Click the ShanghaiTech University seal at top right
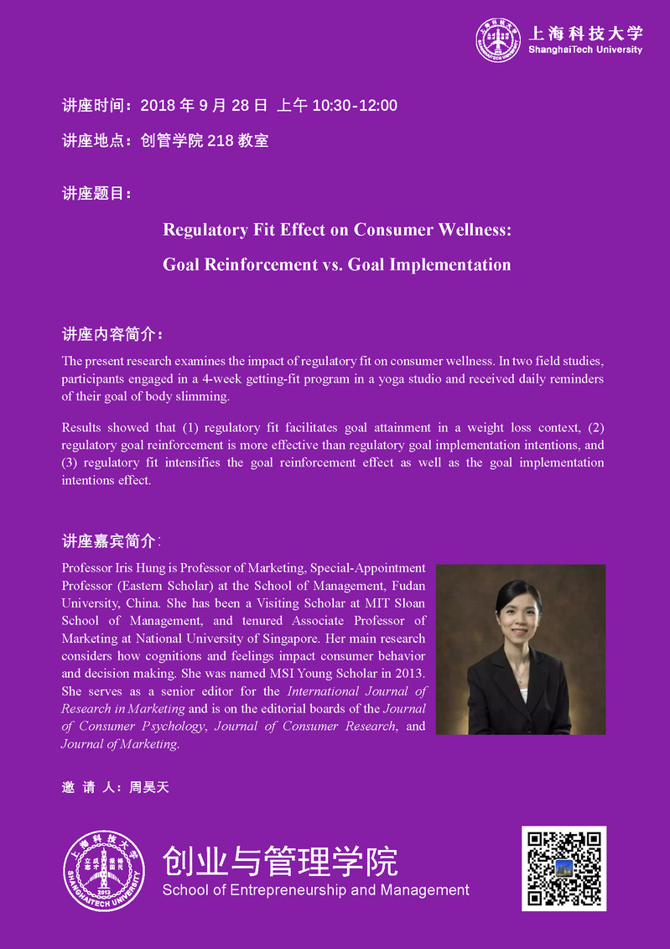coord(498,40)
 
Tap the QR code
coord(564,868)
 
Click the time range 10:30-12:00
coord(355,106)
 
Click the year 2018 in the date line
coord(158,106)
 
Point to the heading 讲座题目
coord(96,194)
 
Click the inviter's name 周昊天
coord(149,787)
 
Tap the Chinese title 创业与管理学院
coord(280,861)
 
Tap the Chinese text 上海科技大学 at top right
coord(585,33)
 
